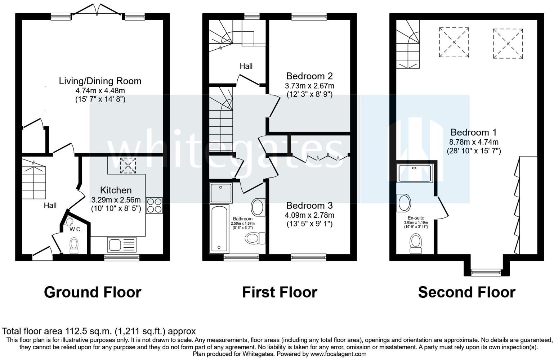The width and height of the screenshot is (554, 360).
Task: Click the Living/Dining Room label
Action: click(100, 81)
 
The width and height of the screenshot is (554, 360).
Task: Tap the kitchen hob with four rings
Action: click(154, 205)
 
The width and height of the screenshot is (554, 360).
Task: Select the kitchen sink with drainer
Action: click(122, 244)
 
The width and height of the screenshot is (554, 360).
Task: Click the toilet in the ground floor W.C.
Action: click(74, 246)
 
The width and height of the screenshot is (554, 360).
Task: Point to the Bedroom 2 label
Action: click(309, 76)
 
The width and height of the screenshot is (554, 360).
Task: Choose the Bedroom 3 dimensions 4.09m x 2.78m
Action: click(309, 215)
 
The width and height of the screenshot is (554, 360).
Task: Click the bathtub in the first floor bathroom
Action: click(219, 229)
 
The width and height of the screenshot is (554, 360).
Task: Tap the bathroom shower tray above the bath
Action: click(221, 193)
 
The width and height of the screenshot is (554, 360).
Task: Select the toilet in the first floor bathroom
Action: click(255, 238)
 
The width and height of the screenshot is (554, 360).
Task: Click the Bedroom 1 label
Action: click(473, 132)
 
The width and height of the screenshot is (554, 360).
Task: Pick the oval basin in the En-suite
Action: click(404, 203)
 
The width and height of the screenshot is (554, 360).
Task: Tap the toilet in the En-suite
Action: click(416, 244)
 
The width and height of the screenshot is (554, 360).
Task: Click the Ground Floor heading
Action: click(93, 292)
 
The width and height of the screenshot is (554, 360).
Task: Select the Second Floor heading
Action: click(467, 292)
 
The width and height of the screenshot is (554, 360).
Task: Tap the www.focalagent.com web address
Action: click(338, 354)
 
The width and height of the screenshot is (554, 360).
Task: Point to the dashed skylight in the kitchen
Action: click(128, 165)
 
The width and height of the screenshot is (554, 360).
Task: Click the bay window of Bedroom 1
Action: click(486, 273)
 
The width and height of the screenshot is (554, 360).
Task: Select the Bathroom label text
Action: click(243, 219)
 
